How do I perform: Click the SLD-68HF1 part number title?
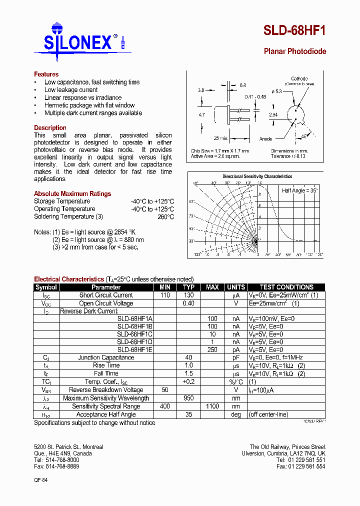click(294, 31)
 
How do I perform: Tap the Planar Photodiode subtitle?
click(294, 51)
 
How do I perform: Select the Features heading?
click(46, 74)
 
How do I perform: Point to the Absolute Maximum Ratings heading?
click(72, 194)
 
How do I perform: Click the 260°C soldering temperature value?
click(166, 217)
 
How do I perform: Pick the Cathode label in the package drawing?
click(299, 78)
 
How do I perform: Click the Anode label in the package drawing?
click(265, 139)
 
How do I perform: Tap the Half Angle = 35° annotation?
click(300, 191)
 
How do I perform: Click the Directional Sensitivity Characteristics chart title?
click(257, 176)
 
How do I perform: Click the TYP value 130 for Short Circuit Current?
click(188, 295)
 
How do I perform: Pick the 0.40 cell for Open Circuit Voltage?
click(188, 303)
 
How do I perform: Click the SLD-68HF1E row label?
click(135, 350)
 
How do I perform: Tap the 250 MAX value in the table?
click(212, 350)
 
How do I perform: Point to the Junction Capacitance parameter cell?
click(106, 358)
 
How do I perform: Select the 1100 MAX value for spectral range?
click(212, 406)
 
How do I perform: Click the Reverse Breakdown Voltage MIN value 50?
click(165, 390)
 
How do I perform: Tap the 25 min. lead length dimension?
click(221, 138)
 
